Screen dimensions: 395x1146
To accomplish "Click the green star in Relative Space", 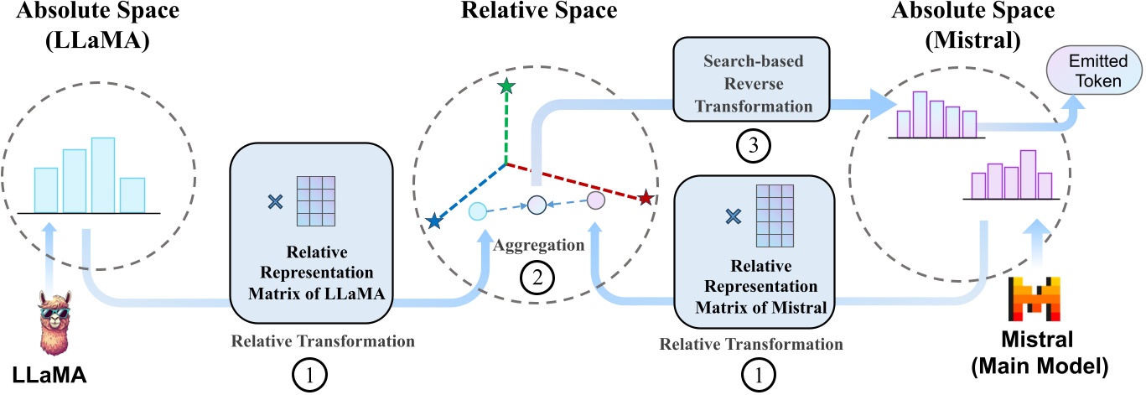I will [506, 86].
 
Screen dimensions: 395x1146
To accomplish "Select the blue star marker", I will [433, 222].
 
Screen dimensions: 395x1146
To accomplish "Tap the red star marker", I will [646, 198].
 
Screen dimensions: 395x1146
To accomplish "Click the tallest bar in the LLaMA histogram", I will [103, 174].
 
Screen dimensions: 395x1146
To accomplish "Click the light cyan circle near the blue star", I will [477, 211].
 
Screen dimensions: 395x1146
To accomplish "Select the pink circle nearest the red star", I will [595, 200].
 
